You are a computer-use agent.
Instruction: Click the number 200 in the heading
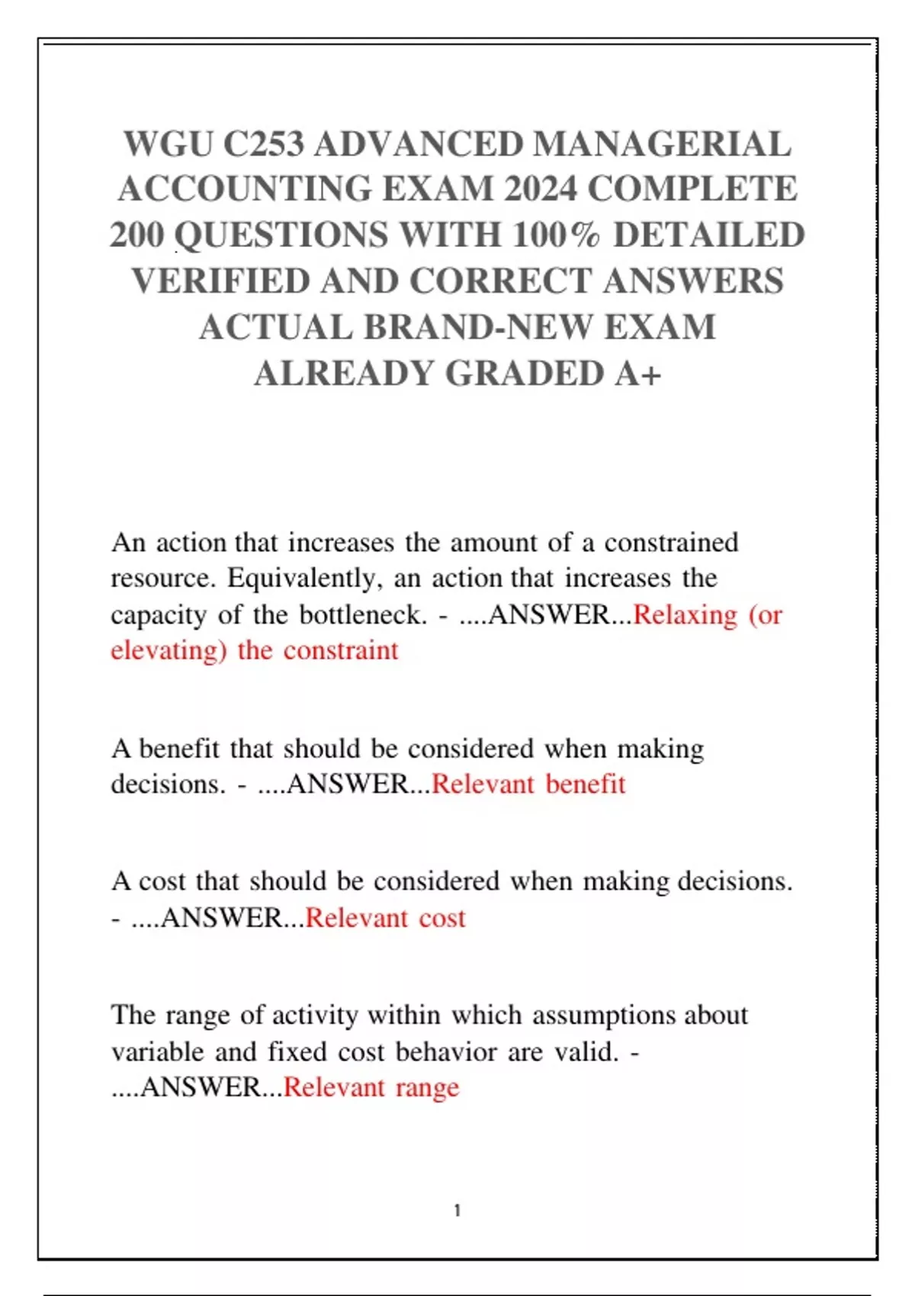pos(137,235)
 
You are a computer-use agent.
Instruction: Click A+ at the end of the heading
pos(638,374)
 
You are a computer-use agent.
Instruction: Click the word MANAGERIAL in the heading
pos(662,144)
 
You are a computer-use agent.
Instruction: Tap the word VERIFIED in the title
pos(220,281)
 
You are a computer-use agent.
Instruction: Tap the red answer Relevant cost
pos(385,918)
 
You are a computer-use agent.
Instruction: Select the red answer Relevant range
pos(371,1087)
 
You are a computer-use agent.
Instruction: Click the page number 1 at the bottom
pos(457,1211)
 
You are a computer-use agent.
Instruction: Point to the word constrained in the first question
pos(671,543)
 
